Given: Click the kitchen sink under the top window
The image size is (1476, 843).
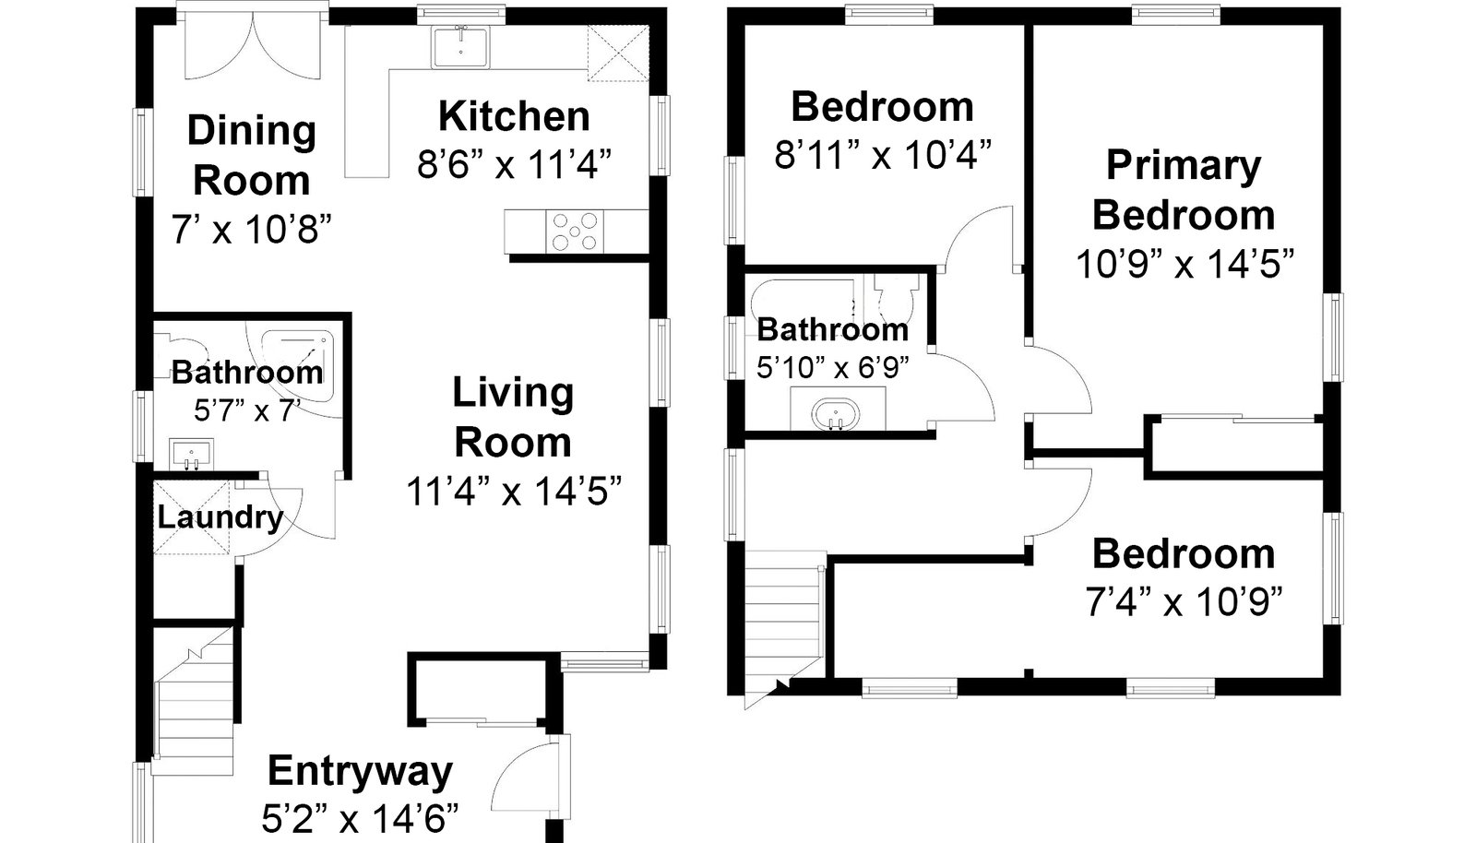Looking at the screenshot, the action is click(x=460, y=47).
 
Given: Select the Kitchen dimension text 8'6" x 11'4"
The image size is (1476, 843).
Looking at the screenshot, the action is click(x=515, y=163).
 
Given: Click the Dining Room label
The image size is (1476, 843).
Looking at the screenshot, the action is click(x=252, y=156).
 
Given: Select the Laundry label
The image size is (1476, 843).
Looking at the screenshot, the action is click(x=220, y=517).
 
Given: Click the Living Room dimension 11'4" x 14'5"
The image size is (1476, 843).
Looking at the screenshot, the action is click(x=515, y=492).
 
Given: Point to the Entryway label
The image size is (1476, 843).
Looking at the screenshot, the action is click(x=361, y=770).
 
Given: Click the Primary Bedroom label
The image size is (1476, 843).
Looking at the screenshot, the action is click(x=1184, y=190).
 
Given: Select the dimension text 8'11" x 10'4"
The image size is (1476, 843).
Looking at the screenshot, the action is click(x=883, y=154).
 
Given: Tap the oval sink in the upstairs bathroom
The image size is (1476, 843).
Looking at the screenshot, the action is click(x=837, y=414).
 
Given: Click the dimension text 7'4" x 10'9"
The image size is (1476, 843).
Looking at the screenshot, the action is click(x=1184, y=602).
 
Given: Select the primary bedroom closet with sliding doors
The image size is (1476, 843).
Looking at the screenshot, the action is click(x=1237, y=445).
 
